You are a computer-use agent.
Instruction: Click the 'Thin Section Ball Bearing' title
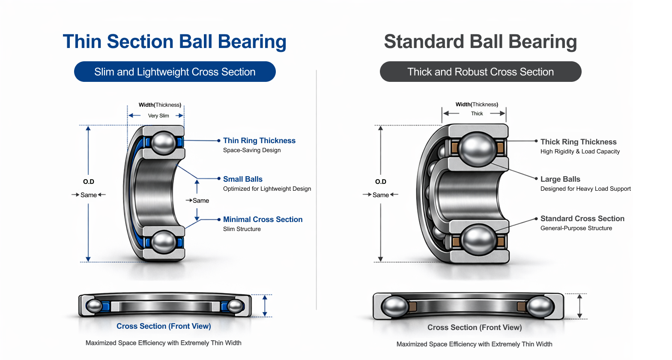tap(174, 42)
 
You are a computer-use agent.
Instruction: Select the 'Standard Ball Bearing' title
tap(480, 42)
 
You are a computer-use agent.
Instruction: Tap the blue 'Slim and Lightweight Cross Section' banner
tap(175, 72)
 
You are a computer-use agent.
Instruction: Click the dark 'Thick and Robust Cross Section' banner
tap(480, 72)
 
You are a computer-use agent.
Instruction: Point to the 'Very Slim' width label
tap(158, 116)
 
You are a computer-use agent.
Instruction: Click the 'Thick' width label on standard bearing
tap(477, 114)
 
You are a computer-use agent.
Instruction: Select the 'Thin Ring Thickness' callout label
tap(259, 141)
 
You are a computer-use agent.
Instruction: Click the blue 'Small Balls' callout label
tap(242, 179)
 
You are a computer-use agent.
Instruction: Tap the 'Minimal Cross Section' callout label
tap(263, 219)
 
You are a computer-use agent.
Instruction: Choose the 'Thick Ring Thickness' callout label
tap(578, 142)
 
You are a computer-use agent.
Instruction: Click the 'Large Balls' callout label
tap(560, 179)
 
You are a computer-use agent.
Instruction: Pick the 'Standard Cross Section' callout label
tap(582, 219)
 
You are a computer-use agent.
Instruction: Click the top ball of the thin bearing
tap(163, 142)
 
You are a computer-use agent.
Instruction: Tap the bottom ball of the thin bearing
tap(163, 242)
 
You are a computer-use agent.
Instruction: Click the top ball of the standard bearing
tap(477, 149)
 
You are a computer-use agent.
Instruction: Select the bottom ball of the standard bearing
tap(478, 241)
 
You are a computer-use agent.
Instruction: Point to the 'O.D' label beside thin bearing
tap(89, 182)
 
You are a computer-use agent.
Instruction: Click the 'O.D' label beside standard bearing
tap(380, 182)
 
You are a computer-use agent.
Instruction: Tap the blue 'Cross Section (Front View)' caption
tap(164, 326)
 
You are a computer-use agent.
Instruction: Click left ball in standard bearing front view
tap(394, 306)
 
